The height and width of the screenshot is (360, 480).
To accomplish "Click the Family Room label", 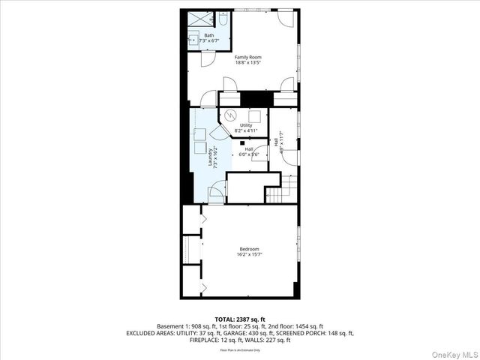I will pos(248,58).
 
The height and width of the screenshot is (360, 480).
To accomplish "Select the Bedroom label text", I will pos(249,249).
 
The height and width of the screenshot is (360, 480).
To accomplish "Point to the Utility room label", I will pos(246,125).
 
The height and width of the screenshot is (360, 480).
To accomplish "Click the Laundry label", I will pos(209,154).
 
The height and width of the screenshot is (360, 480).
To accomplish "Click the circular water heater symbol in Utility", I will pos(231,115).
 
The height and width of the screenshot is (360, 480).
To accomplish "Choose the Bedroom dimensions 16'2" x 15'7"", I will pos(249,254).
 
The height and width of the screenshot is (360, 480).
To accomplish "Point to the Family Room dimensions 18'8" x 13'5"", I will pos(248,63).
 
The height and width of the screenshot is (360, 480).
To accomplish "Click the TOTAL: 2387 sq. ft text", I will pos(240,319).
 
